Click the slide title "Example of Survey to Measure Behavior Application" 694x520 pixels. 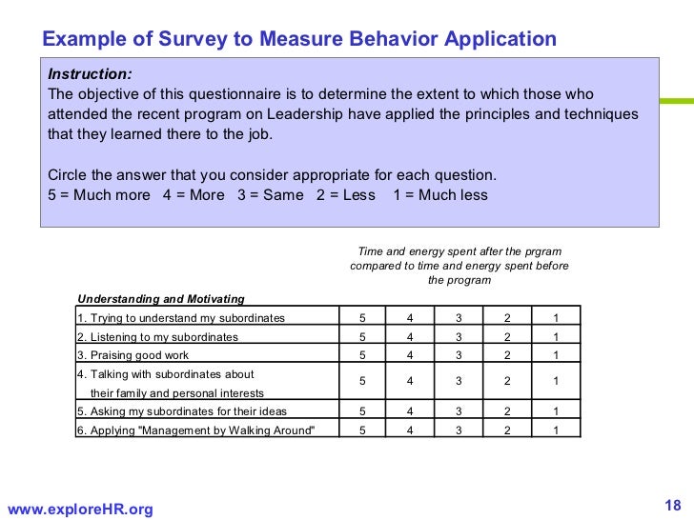[x=299, y=39]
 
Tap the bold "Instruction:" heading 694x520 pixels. [x=91, y=73]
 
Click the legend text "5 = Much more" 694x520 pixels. [x=98, y=195]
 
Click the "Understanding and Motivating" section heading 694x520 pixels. [x=160, y=298]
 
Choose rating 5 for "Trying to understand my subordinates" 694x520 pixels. [x=361, y=317]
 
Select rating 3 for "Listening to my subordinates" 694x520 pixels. [x=458, y=336]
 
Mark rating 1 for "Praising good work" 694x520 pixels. [x=555, y=354]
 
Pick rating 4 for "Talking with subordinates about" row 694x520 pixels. [x=409, y=381]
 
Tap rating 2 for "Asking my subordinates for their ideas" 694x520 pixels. [x=507, y=411]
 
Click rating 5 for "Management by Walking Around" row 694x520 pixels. [x=361, y=430]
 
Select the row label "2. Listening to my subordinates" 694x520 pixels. [x=157, y=336]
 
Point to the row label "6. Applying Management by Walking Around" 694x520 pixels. [x=195, y=430]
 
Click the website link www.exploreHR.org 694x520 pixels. [x=79, y=510]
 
